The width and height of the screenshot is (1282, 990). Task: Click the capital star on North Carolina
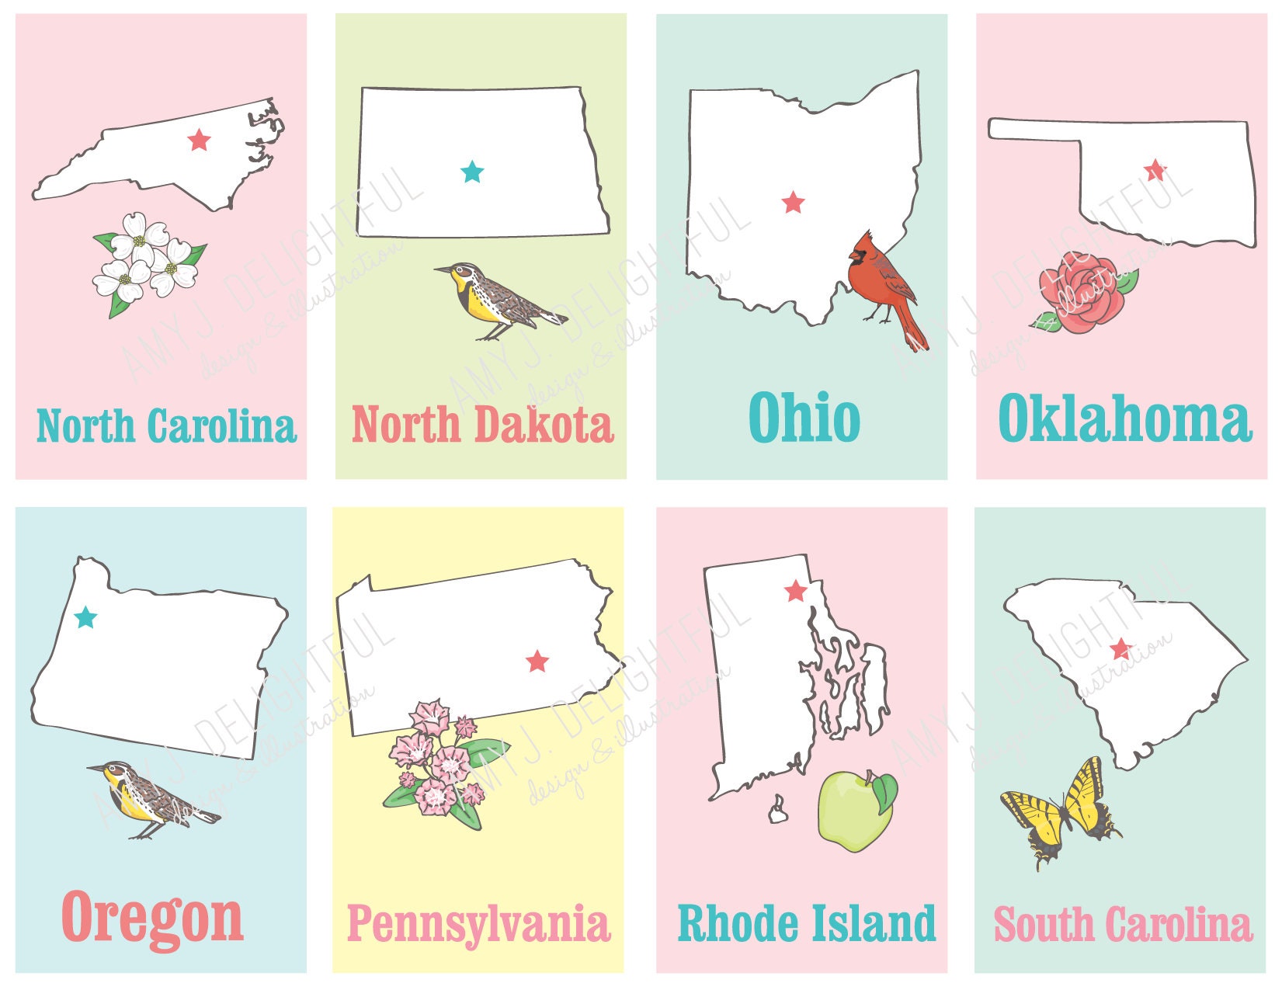point(199,141)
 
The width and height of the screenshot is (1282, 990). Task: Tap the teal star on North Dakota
point(471,172)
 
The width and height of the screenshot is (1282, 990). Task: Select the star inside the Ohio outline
point(793,203)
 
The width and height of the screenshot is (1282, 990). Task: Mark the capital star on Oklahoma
point(1155,169)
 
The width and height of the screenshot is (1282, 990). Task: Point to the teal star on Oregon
point(85,618)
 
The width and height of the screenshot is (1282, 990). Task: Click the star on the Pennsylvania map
point(537,662)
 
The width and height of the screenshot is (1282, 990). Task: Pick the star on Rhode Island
point(795,592)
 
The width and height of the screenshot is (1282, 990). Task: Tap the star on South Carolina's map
point(1120,649)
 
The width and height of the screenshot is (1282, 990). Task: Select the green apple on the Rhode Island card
point(854,811)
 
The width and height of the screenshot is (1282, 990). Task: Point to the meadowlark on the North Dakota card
point(497,299)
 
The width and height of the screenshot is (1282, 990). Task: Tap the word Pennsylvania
point(478,924)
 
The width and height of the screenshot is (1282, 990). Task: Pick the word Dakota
point(544,425)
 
